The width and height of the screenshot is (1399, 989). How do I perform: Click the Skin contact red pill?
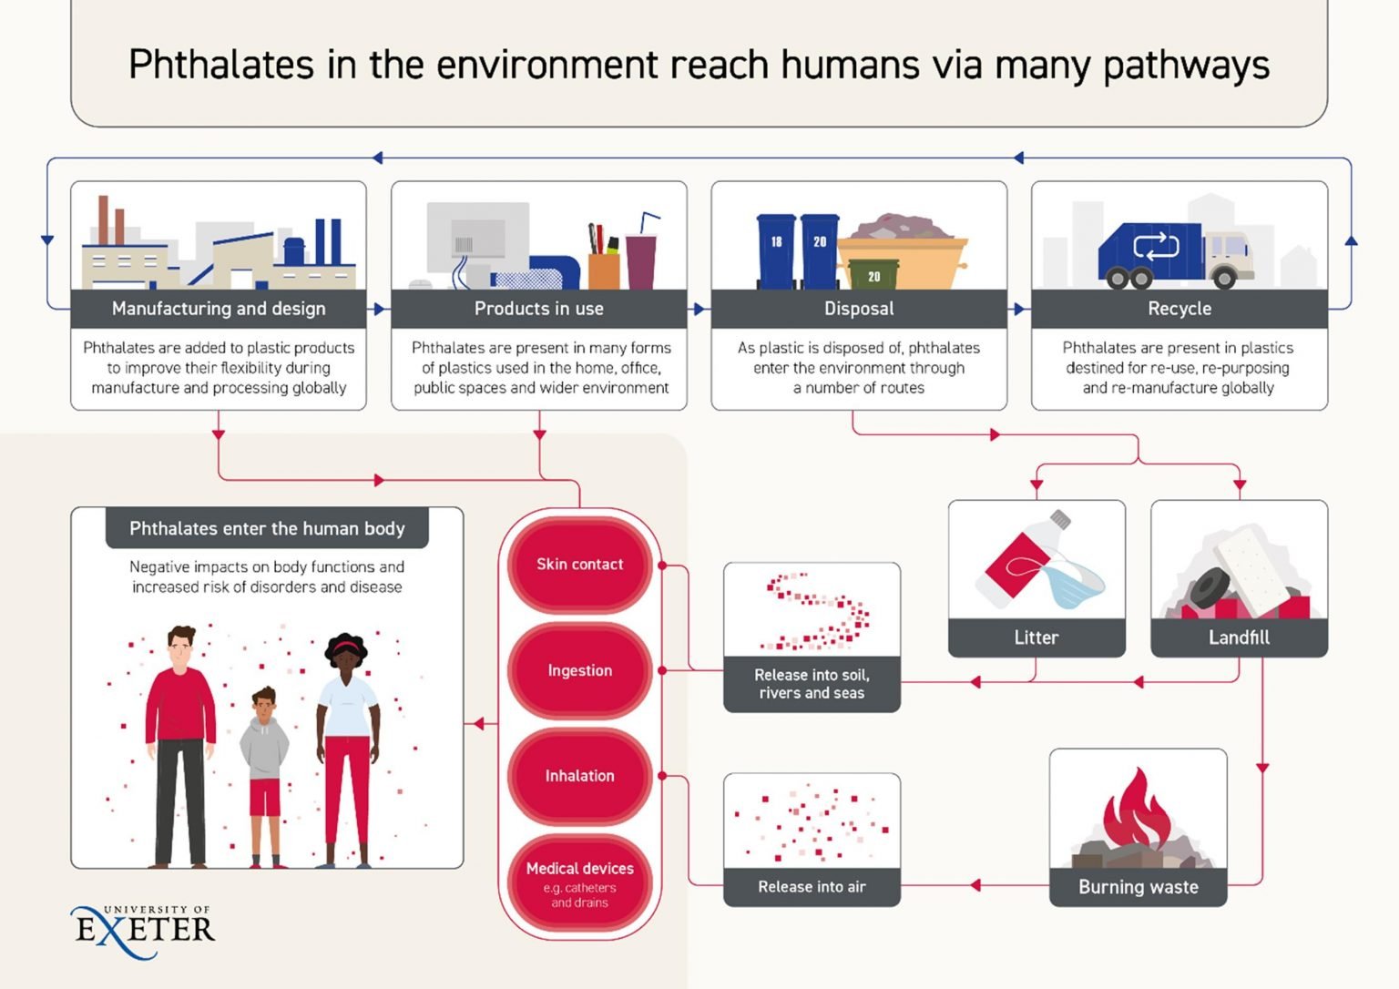(x=579, y=565)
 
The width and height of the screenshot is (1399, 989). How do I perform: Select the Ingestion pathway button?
(x=579, y=670)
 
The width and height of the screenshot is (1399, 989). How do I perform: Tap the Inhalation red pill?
(x=579, y=776)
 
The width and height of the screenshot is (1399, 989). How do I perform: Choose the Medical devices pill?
(x=579, y=883)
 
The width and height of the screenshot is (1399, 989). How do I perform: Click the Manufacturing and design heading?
(x=219, y=309)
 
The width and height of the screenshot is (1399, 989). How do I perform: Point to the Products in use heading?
(x=539, y=309)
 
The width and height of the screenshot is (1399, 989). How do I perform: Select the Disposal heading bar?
(x=859, y=309)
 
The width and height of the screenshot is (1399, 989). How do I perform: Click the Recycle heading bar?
(x=1179, y=309)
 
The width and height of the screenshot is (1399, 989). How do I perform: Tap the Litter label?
(x=1036, y=637)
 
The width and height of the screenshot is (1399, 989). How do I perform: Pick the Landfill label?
(x=1239, y=637)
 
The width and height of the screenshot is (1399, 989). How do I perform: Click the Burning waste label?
(x=1138, y=887)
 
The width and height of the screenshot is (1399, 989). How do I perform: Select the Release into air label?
(x=812, y=887)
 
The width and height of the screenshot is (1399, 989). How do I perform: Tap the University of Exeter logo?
(x=143, y=932)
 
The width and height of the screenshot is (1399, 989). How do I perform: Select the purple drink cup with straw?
(x=642, y=253)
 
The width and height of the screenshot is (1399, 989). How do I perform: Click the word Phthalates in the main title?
(x=221, y=65)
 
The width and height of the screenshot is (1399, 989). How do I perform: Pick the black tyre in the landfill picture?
(x=1210, y=587)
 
